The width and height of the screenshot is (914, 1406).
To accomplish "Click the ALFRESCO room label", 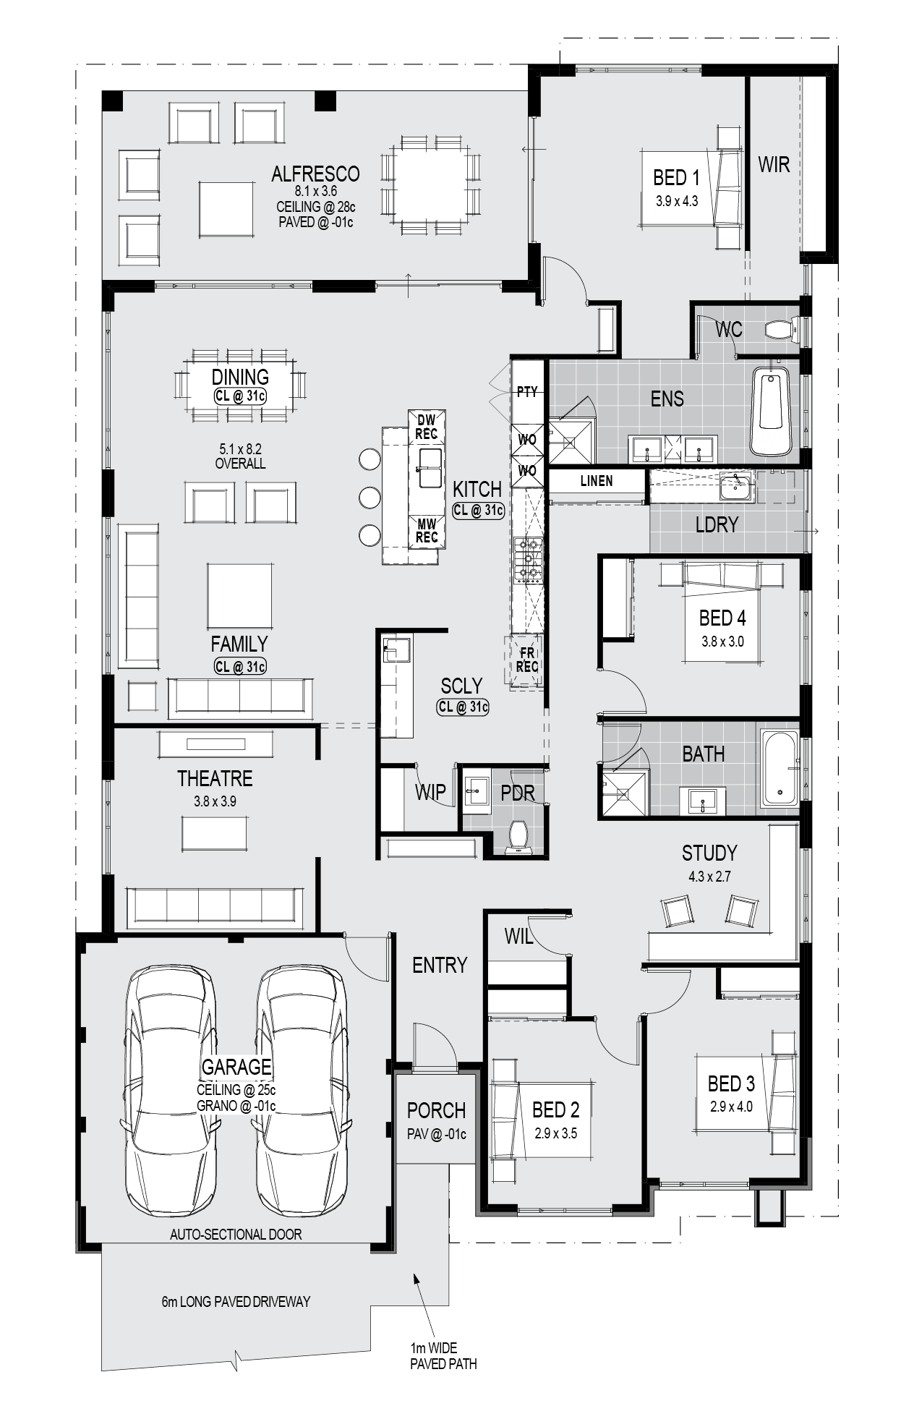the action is (x=315, y=174).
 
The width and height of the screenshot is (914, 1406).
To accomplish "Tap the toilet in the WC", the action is (x=781, y=330).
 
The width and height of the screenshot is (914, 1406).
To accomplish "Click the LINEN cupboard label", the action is (x=597, y=481).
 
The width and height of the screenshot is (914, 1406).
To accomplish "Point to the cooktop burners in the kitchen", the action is (x=528, y=559).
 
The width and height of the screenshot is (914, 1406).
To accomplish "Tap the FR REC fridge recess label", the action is (x=527, y=660).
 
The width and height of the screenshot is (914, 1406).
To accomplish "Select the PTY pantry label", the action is (x=527, y=392).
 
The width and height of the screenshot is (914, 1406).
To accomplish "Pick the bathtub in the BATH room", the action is (x=780, y=768).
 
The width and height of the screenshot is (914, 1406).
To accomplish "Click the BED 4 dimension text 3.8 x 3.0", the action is (x=722, y=642).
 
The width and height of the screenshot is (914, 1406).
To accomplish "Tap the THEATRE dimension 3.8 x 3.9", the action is (x=215, y=801).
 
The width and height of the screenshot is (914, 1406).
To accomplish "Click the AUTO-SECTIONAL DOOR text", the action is (x=236, y=1235).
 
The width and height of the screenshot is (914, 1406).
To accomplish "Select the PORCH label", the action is (x=436, y=1110).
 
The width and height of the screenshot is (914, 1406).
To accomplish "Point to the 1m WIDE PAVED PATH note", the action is (x=443, y=1355).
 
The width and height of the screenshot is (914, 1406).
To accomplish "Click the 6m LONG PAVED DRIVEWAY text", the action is (x=236, y=1302).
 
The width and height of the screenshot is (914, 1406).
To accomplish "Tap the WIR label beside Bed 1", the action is (x=774, y=165).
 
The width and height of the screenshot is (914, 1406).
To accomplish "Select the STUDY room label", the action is (x=709, y=853).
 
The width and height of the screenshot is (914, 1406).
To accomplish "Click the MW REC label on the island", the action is (x=427, y=532).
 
